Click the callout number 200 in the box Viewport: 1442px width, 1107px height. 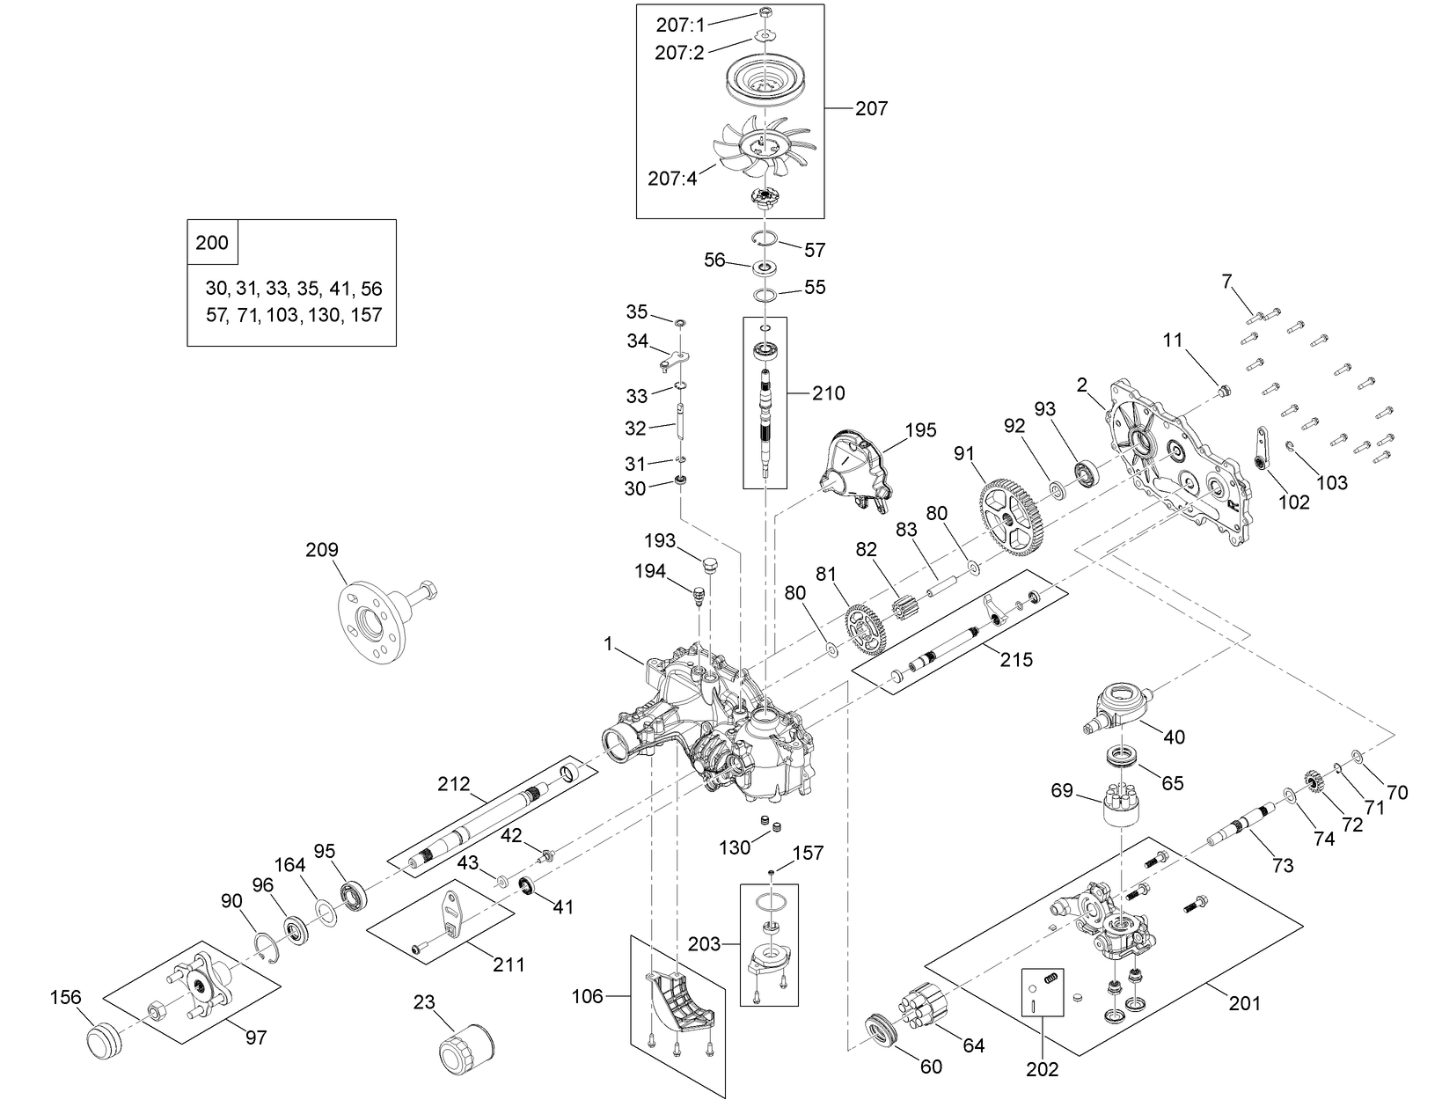(x=212, y=242)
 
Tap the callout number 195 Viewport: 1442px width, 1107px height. (x=920, y=430)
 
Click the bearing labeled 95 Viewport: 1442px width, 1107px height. (x=355, y=895)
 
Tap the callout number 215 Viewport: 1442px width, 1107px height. (x=1015, y=658)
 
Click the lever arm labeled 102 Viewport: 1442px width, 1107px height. (x=1262, y=451)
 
